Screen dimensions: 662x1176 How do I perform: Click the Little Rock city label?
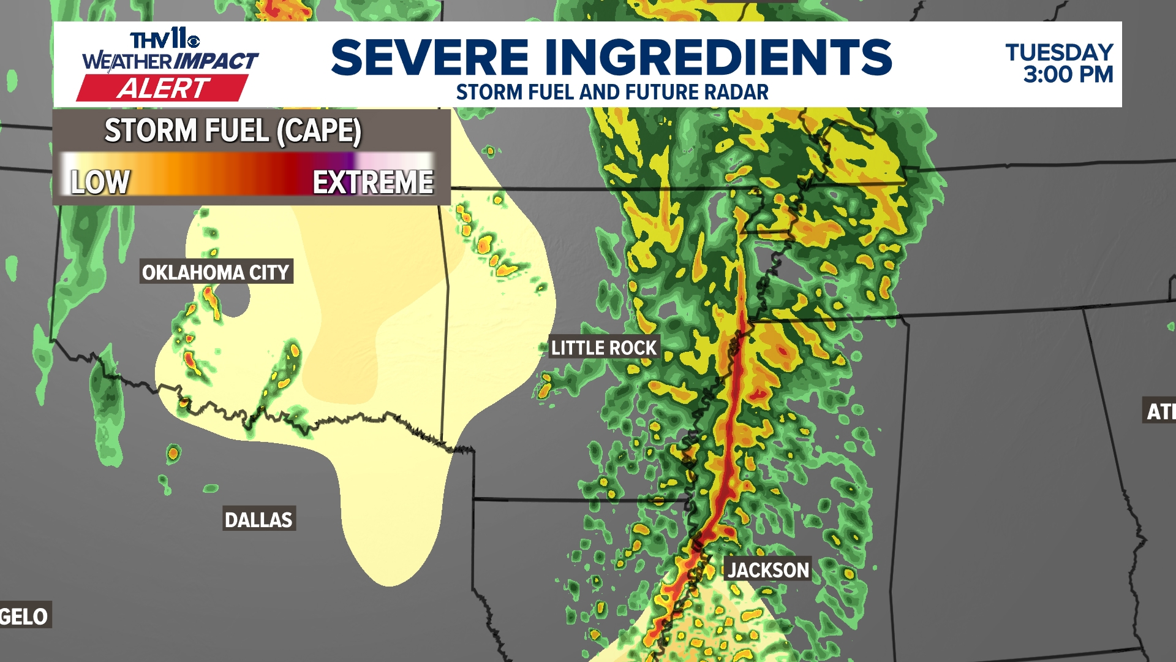point(603,348)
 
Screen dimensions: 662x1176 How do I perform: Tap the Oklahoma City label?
point(216,272)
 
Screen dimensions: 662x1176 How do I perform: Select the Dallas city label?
point(258,520)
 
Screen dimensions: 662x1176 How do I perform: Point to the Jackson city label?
point(768,570)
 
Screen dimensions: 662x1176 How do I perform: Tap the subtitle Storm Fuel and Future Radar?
point(612,93)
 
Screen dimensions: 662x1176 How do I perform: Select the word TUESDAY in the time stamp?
point(1059,53)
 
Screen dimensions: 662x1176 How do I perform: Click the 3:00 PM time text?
point(1068,75)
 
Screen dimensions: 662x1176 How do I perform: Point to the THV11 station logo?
point(164,40)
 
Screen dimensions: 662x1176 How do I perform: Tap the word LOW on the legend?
point(100,182)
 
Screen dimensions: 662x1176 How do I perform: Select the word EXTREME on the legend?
point(373,182)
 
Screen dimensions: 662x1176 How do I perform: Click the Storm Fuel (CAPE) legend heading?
point(233,131)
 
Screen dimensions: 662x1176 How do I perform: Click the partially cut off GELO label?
point(24,616)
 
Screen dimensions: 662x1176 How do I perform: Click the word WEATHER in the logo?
point(127,61)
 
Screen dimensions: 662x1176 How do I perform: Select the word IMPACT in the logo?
point(216,61)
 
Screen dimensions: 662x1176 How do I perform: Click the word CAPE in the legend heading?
point(320,131)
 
